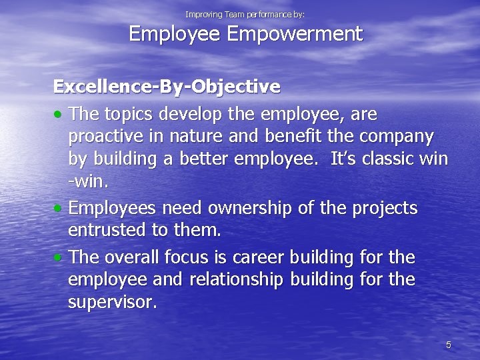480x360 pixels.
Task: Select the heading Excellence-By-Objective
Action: coord(167,87)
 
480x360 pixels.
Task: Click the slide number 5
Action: coord(448,345)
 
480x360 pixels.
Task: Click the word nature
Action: coord(197,137)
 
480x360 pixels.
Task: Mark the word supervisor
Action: coord(113,302)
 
